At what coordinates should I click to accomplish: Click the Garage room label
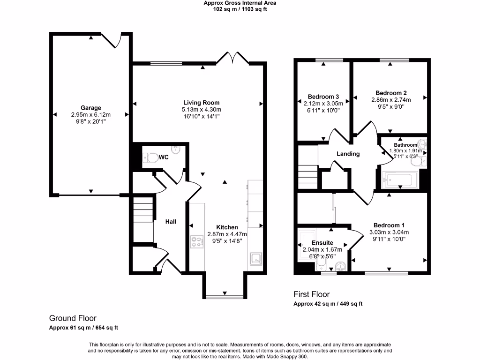pos(90,108)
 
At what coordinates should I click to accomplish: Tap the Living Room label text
pos(201,103)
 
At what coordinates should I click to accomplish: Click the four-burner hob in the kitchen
pos(197,243)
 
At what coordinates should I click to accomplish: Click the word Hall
pos(171,221)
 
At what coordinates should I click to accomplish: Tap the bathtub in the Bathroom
pos(400,180)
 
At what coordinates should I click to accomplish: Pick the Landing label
pos(348,154)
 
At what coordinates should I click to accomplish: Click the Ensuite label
pos(322,243)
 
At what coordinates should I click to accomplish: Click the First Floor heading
pos(311,294)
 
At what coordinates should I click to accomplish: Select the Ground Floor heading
pos(73,318)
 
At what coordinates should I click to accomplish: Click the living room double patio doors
pos(232,59)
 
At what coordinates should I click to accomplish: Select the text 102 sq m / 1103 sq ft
pos(240,8)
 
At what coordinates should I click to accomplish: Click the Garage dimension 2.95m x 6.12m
pos(90,115)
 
